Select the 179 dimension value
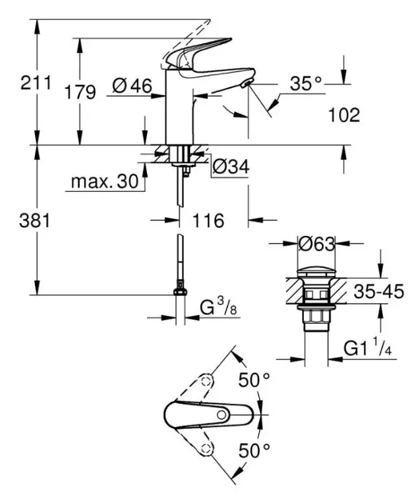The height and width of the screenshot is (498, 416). tap(81, 92)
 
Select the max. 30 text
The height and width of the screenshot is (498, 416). tap(103, 182)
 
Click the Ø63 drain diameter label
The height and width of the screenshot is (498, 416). tap(316, 245)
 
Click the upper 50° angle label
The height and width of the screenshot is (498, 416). tap(255, 379)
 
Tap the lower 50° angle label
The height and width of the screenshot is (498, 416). tap(255, 449)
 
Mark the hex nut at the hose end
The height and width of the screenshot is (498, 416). tap(180, 293)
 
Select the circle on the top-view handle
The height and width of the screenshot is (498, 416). tap(221, 414)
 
